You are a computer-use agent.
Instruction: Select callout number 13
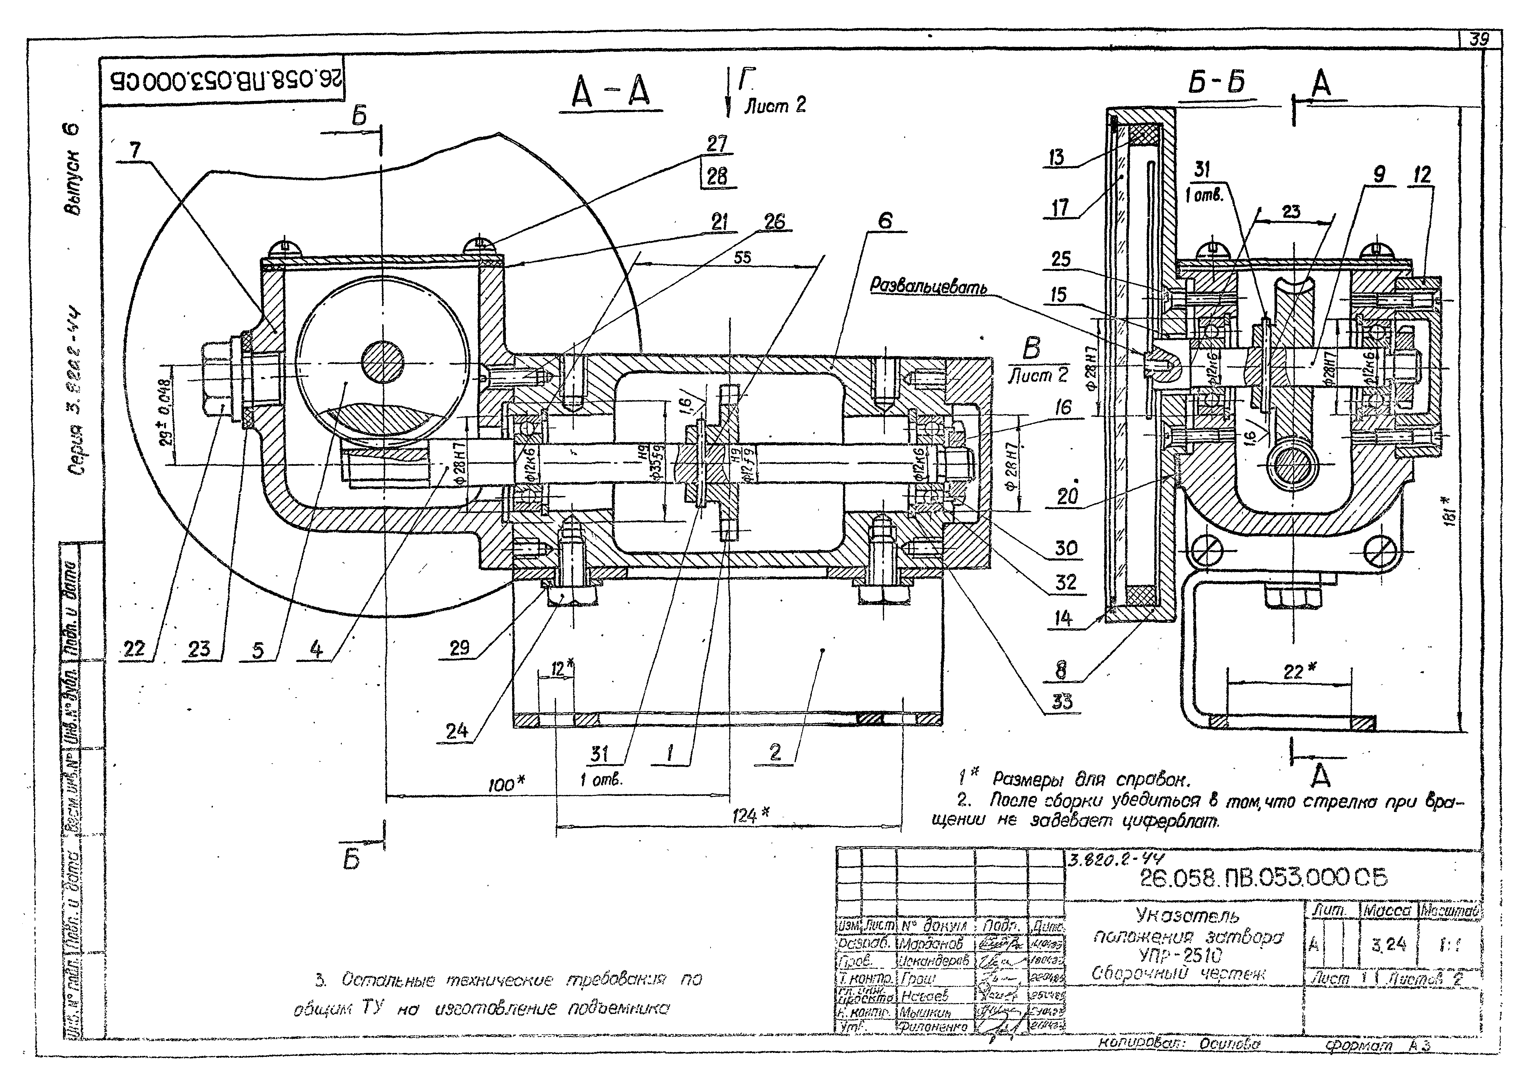point(1057,158)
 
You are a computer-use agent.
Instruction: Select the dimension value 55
point(742,257)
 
